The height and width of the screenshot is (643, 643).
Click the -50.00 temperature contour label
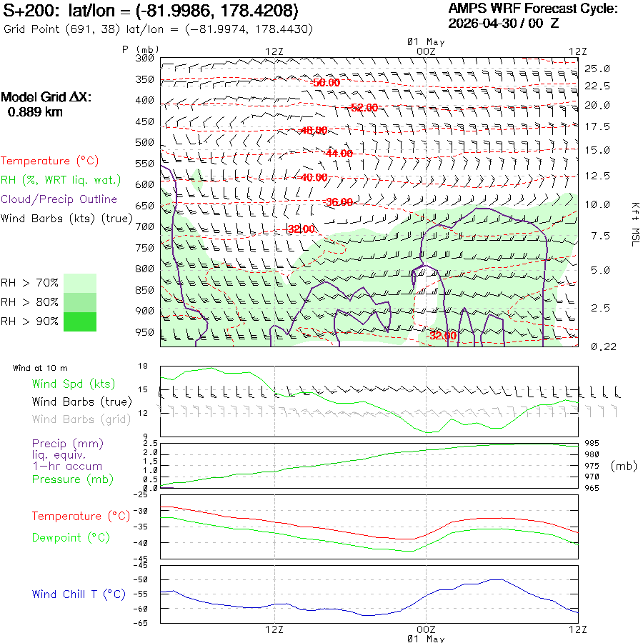pyautogui.click(x=327, y=82)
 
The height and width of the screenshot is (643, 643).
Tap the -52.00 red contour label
pyautogui.click(x=364, y=107)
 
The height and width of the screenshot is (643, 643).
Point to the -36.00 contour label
pyautogui.click(x=339, y=201)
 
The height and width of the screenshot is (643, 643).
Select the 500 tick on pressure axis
pyautogui.click(x=145, y=142)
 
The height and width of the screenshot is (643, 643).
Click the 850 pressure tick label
pyautogui.click(x=145, y=290)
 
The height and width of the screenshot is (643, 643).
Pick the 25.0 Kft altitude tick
pyautogui.click(x=597, y=69)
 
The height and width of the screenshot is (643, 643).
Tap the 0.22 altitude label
pyautogui.click(x=604, y=347)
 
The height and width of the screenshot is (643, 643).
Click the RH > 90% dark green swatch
pyautogui.click(x=80, y=321)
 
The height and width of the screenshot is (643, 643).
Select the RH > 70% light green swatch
pyautogui.click(x=80, y=283)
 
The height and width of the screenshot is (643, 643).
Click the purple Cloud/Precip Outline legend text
pyautogui.click(x=59, y=199)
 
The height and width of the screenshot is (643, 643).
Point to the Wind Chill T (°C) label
pyautogui.click(x=79, y=594)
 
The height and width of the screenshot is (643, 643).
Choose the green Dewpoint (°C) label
pyautogui.click(x=71, y=537)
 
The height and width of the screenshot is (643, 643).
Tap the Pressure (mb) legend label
pyautogui.click(x=73, y=479)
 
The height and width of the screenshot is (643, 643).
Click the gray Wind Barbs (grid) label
pyautogui.click(x=81, y=419)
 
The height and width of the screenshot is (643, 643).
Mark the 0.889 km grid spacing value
pyautogui.click(x=35, y=112)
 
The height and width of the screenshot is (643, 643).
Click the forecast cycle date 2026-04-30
pyautogui.click(x=482, y=24)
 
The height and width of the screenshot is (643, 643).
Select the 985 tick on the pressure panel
pyautogui.click(x=592, y=443)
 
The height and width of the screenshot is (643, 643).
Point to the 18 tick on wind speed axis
pyautogui.click(x=143, y=366)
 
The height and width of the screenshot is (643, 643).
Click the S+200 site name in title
pyautogui.click(x=29, y=11)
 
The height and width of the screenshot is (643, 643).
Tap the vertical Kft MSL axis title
pyautogui.click(x=635, y=224)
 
